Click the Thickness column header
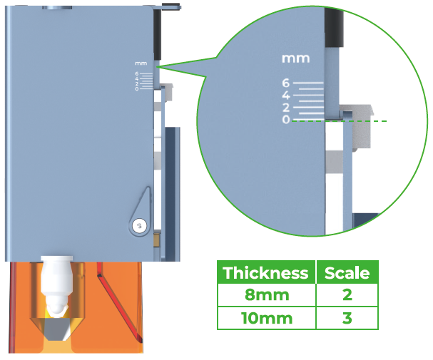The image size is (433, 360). (x=265, y=273)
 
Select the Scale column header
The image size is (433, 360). (x=347, y=273)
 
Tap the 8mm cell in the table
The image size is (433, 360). (x=267, y=295)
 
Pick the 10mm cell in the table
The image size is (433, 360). (x=267, y=318)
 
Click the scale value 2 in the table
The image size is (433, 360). (x=347, y=295)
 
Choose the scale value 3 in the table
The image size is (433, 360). (x=347, y=318)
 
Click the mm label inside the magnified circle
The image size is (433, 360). (x=295, y=58)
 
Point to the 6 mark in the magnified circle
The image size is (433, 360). (x=286, y=83)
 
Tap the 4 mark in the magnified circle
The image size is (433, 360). (x=286, y=96)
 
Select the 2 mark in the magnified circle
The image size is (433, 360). (x=286, y=108)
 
